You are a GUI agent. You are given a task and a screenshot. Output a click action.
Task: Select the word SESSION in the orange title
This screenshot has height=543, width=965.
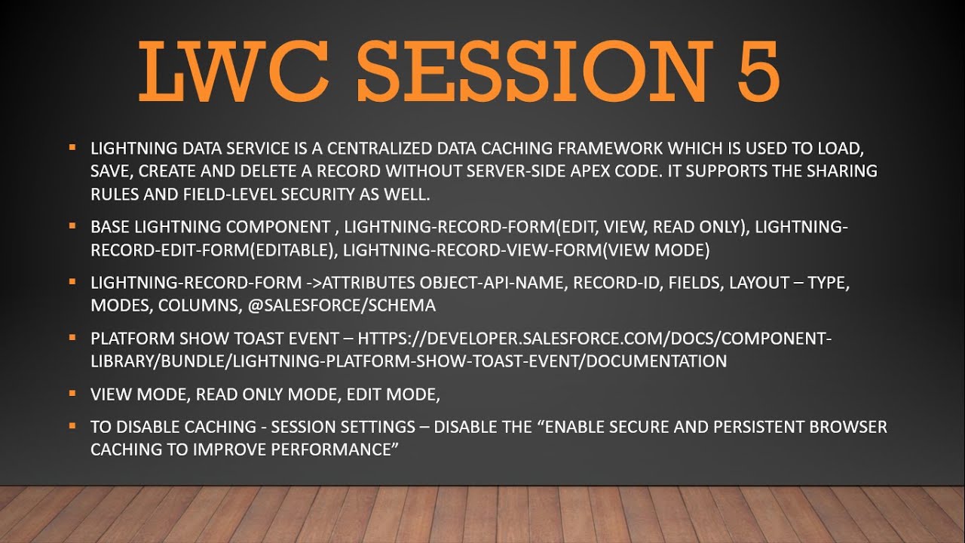[535, 71]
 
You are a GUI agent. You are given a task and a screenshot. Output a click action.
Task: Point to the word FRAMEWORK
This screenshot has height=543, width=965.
[610, 149]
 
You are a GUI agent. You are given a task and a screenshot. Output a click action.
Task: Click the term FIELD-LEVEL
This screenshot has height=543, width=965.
[230, 195]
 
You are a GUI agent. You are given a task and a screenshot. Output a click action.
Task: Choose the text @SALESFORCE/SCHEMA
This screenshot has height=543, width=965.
[342, 305]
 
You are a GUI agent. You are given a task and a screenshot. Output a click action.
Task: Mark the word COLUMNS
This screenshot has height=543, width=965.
[198, 305]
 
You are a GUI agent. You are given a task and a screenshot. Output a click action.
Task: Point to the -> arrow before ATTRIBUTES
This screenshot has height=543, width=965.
[314, 283]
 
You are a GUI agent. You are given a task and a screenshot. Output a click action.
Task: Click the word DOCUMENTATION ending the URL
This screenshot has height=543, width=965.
[657, 361]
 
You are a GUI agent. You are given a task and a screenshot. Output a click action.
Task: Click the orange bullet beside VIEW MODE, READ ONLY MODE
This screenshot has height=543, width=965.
[72, 393]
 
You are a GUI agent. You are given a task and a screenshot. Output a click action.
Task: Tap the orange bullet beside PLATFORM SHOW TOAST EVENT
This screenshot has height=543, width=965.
[72, 337]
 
